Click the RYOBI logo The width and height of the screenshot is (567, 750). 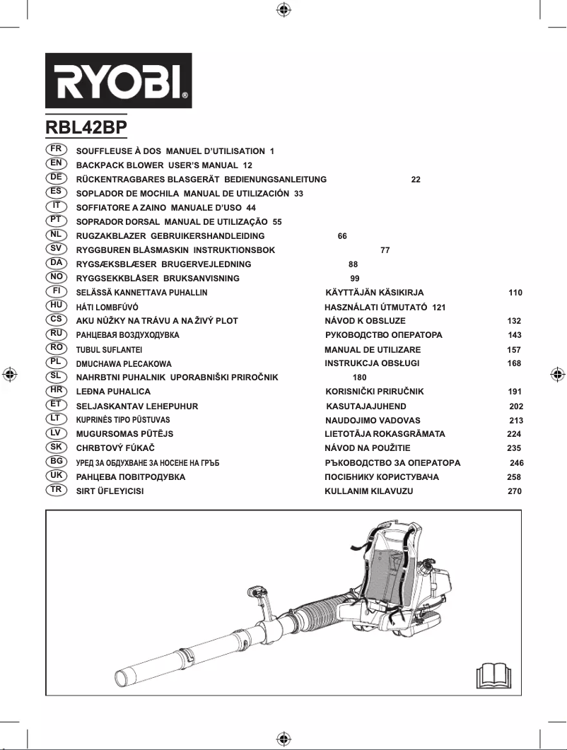[119, 81]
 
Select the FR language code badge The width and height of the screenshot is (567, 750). [56, 150]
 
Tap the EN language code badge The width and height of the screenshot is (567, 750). [56, 164]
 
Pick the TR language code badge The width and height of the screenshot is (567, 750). [56, 490]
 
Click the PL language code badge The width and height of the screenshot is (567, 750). [56, 363]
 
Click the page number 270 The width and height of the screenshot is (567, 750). [515, 491]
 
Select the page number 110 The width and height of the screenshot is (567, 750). [515, 293]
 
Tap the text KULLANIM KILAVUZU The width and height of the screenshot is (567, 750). [368, 491]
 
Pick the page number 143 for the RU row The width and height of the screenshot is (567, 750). [515, 335]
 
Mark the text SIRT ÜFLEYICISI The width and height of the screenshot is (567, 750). [110, 491]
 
